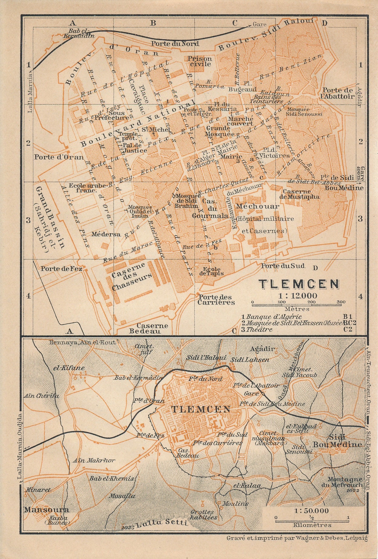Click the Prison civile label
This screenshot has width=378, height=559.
tap(200, 61)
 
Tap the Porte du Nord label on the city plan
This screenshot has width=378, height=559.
tap(175, 43)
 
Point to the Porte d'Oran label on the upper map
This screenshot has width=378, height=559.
tap(59, 157)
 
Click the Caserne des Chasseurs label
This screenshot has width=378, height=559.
tap(131, 276)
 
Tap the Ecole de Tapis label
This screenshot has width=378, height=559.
tap(212, 271)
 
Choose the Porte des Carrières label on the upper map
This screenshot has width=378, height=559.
tap(216, 299)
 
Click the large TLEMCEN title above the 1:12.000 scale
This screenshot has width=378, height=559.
tap(299, 284)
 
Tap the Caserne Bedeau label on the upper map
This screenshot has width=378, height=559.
tap(148, 328)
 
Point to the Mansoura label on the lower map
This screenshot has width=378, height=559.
tap(46, 510)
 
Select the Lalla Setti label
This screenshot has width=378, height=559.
tap(162, 523)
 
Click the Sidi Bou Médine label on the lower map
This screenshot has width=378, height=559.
tap(337, 441)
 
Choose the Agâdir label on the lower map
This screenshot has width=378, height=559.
tap(263, 349)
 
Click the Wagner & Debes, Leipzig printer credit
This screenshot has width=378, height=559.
tap(297, 538)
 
